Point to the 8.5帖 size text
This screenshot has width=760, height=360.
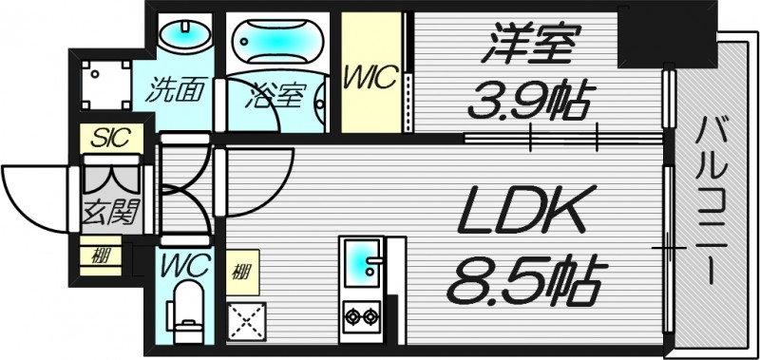(x=525, y=277)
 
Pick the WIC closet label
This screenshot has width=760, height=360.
(x=370, y=79)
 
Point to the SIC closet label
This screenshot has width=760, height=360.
(x=112, y=139)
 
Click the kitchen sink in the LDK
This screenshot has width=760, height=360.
(x=360, y=263)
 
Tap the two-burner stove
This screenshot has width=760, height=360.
(x=361, y=314)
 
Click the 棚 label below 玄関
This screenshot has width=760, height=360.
(x=99, y=256)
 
